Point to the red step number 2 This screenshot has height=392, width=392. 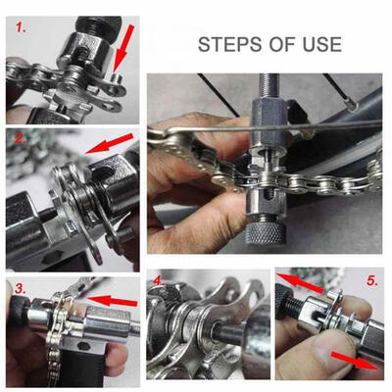coord(17,139)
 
